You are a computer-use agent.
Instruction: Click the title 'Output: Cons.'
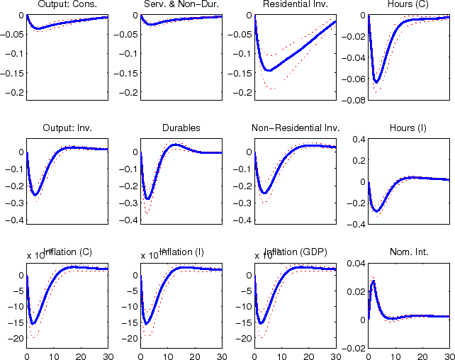67,6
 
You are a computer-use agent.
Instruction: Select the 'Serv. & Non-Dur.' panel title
181,6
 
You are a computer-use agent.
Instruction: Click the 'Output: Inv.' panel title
67,128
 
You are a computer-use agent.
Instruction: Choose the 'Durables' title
181,128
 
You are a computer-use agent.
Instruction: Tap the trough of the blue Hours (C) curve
376,82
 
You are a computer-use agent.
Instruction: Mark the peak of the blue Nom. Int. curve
373,281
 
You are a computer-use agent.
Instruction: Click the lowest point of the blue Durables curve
148,198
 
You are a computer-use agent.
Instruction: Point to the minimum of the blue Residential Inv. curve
269,70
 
